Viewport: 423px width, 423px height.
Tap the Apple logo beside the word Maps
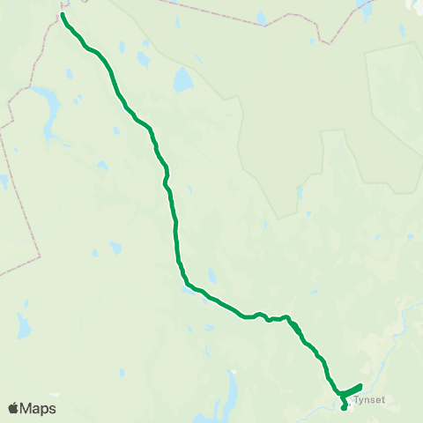point(13,408)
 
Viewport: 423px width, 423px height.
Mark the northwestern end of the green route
point(63,14)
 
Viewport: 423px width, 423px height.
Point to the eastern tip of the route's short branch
point(361,386)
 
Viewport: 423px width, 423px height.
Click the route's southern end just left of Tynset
point(344,408)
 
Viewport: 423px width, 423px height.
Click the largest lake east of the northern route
point(182,81)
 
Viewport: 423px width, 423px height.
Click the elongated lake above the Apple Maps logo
point(24,326)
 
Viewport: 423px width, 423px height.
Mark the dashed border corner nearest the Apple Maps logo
point(39,256)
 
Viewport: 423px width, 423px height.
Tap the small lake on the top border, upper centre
point(262,17)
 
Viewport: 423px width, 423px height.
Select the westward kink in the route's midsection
point(165,183)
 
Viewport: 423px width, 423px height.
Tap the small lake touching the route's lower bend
point(188,285)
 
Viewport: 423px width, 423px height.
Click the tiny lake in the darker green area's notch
point(301,191)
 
